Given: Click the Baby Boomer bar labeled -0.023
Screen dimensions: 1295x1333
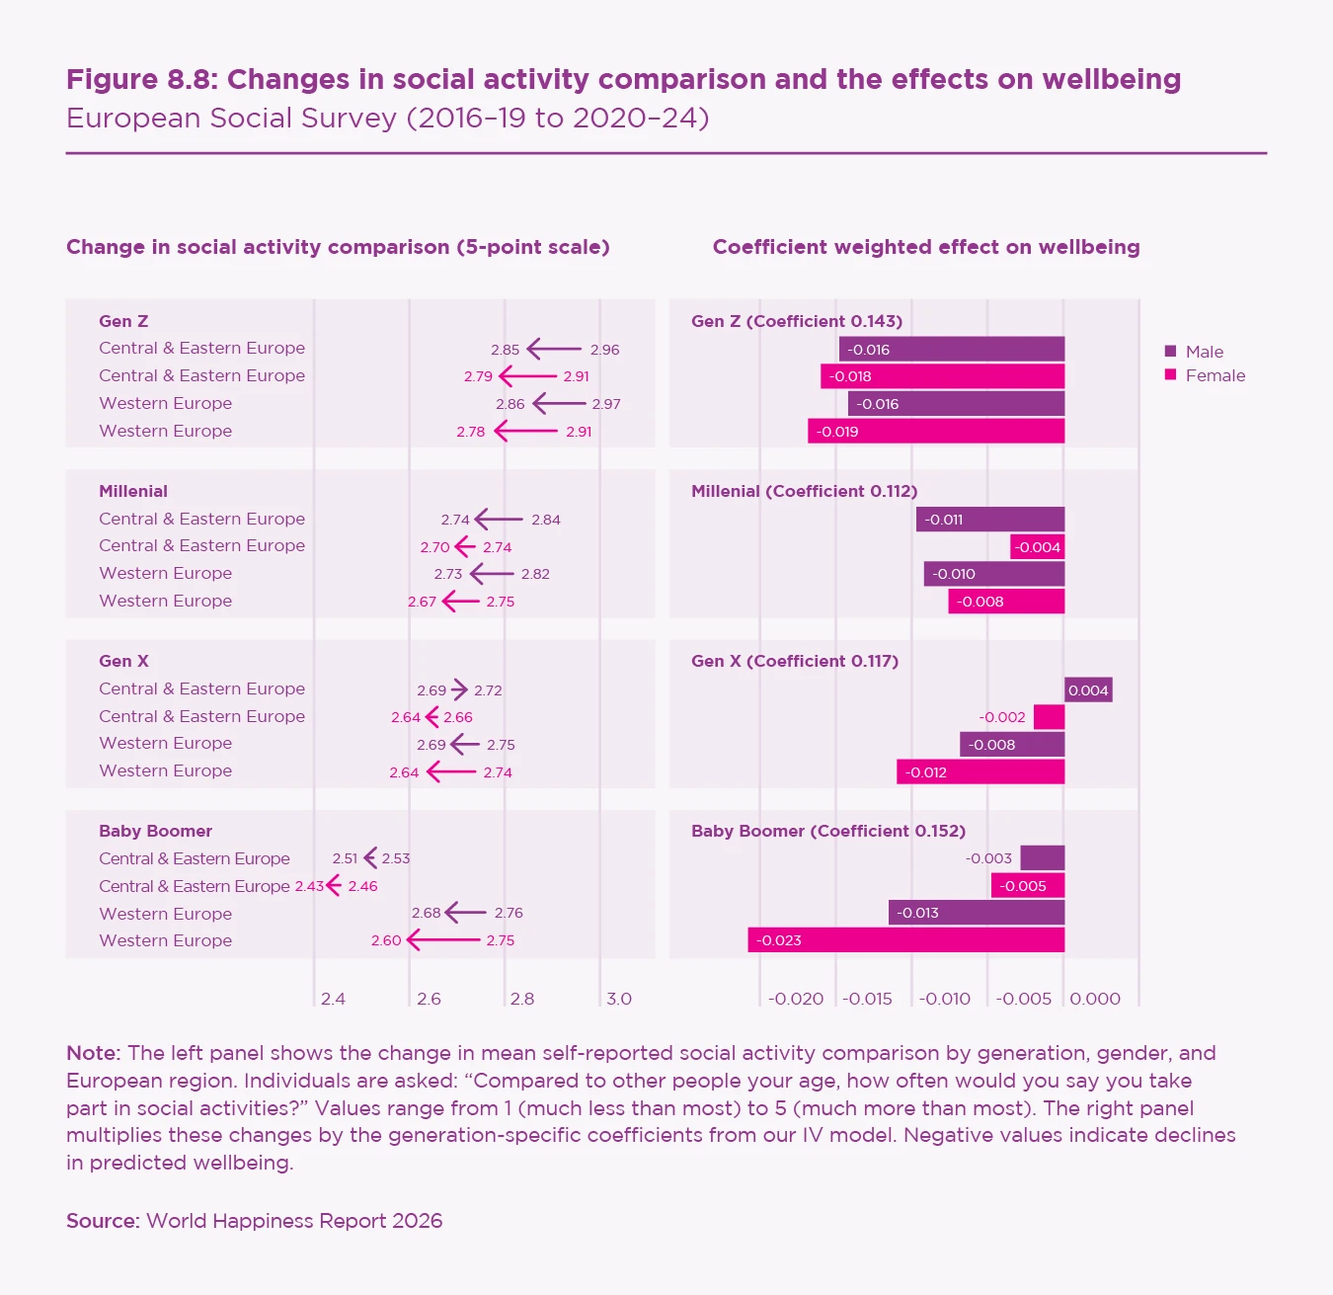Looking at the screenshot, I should click(905, 939).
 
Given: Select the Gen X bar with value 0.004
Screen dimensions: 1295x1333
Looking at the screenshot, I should click(1088, 689).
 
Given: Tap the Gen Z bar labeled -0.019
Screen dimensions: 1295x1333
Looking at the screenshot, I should click(935, 431).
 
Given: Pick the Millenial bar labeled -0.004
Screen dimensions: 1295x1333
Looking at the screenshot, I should click(1037, 546).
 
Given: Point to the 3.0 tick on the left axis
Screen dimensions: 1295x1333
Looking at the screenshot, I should click(618, 999).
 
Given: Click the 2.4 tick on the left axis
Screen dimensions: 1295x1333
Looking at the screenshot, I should click(333, 999).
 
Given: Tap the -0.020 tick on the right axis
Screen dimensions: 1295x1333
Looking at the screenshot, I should click(796, 999).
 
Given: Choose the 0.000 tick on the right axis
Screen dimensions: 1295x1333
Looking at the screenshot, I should click(1095, 999).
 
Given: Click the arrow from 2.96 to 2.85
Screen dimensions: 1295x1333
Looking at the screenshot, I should click(554, 349).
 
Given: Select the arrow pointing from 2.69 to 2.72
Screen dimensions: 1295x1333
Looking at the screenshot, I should click(459, 689).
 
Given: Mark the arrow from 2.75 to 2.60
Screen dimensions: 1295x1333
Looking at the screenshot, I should click(443, 939).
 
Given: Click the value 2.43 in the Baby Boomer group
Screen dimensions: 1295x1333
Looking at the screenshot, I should click(309, 886).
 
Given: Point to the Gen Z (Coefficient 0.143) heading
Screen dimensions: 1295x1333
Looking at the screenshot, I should click(796, 321).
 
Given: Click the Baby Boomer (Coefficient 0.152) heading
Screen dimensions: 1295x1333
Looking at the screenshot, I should click(827, 831).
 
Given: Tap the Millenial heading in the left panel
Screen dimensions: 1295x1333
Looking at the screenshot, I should click(133, 491).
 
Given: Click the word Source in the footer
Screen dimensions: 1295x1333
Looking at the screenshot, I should click(102, 1221).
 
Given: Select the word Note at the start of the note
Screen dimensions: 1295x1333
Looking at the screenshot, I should click(92, 1053).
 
